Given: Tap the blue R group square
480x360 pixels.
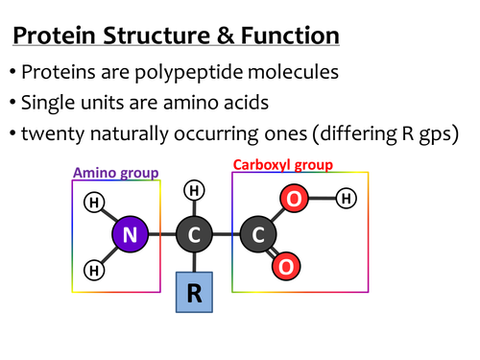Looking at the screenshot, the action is [x=194, y=293].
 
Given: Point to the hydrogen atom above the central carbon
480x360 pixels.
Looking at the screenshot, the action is [x=194, y=192].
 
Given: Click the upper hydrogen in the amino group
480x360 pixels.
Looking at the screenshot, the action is [x=94, y=203].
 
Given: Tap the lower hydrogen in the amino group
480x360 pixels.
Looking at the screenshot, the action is [x=94, y=270].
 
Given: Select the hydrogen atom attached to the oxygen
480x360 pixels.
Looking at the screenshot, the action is [x=347, y=200].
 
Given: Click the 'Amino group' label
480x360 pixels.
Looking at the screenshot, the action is [x=116, y=173].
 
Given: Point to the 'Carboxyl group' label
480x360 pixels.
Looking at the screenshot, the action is [x=283, y=165].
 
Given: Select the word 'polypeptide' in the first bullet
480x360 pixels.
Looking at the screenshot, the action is [x=213, y=73].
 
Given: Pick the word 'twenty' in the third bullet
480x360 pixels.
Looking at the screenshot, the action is [x=54, y=133].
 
